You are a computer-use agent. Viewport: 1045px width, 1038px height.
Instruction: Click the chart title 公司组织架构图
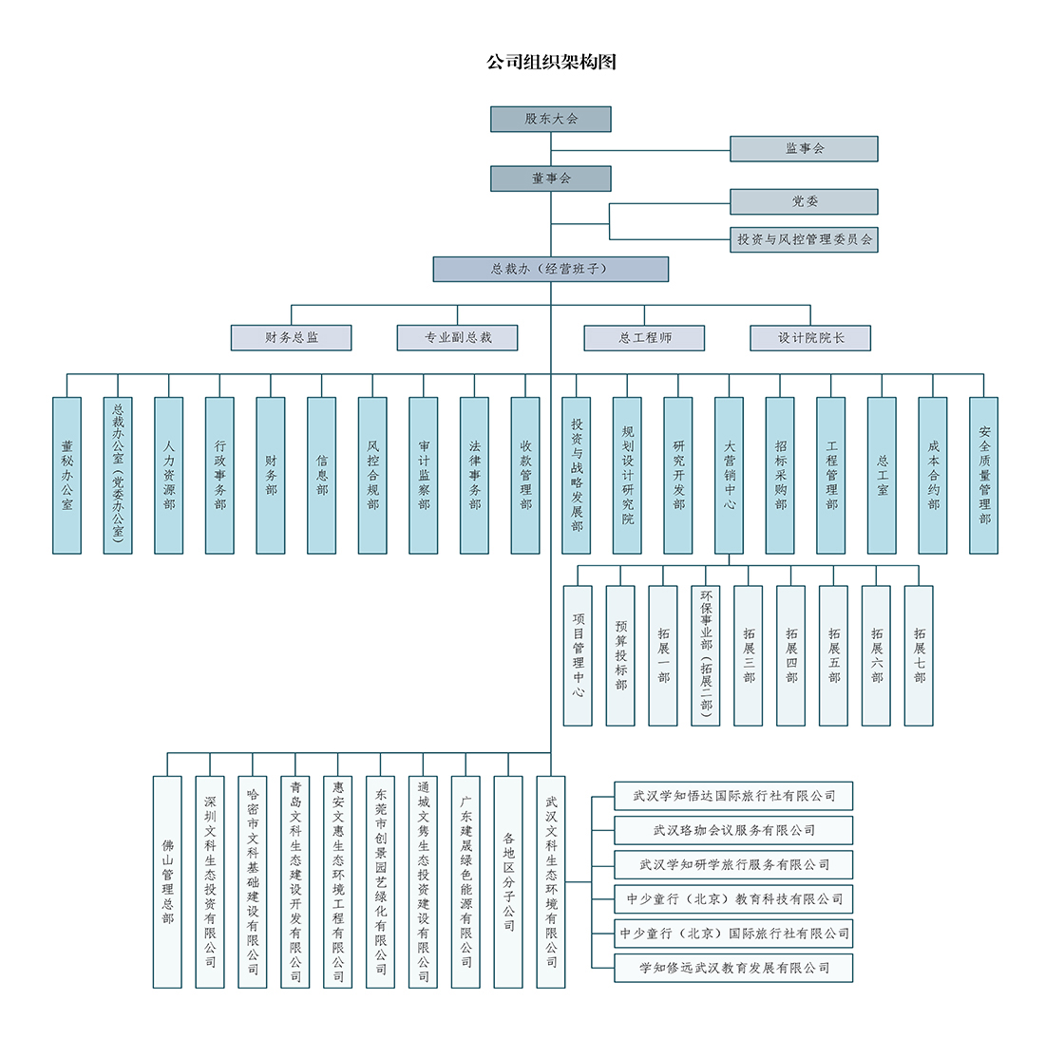(x=551, y=62)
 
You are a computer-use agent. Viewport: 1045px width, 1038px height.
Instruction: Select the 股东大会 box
(x=550, y=120)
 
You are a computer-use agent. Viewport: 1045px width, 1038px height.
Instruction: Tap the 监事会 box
(x=804, y=148)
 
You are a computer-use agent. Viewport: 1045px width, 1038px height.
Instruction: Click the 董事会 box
(x=550, y=179)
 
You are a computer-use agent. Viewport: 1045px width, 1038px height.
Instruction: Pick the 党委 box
(x=804, y=201)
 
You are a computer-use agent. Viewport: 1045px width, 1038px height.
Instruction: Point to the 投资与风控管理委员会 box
(x=804, y=240)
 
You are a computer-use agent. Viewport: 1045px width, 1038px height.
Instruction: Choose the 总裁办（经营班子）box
(x=550, y=269)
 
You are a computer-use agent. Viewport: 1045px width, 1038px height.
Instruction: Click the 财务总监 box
(x=292, y=338)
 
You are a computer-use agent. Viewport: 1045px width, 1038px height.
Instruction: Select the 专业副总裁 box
(x=457, y=338)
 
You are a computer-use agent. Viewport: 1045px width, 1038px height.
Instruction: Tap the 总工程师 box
(x=644, y=338)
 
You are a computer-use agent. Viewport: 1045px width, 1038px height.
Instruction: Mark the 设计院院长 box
(x=810, y=338)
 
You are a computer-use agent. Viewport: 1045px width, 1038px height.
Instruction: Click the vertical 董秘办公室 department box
(x=66, y=476)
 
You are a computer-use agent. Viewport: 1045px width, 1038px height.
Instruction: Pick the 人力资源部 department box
(x=168, y=476)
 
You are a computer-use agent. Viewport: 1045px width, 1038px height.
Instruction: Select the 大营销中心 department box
(x=729, y=476)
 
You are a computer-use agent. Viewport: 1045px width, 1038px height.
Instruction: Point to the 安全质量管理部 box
(x=983, y=476)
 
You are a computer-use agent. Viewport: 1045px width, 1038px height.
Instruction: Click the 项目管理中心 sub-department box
(x=578, y=655)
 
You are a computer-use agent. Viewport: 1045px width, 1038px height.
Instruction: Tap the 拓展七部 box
(x=919, y=655)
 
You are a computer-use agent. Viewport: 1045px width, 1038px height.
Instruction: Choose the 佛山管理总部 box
(x=167, y=882)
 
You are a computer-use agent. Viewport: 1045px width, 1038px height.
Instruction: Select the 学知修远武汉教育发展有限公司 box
(x=733, y=968)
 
